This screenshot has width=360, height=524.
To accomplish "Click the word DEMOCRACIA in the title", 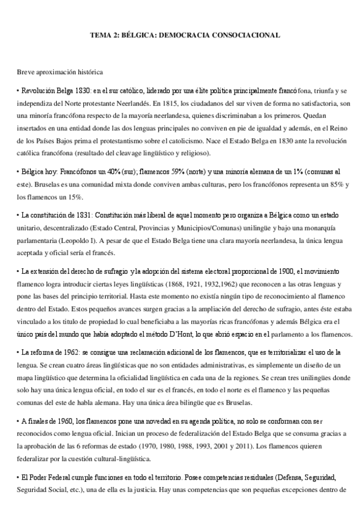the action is click(x=186, y=35).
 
